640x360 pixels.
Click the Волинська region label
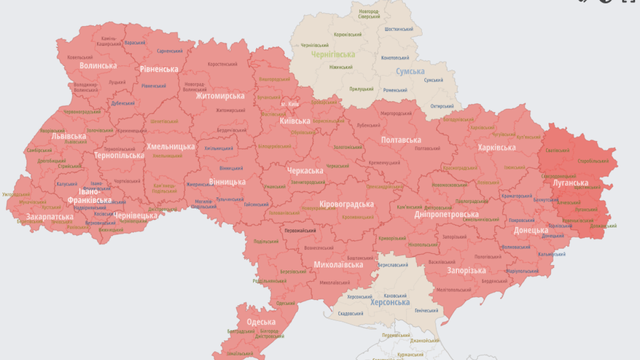pyautogui.click(x=98, y=65)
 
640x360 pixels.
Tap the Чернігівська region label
pyautogui.click(x=332, y=54)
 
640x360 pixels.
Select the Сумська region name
pyautogui.click(x=410, y=71)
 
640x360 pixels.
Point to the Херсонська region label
pyautogui.click(x=390, y=302)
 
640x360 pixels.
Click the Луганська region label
pyautogui.click(x=570, y=182)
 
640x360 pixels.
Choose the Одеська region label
pyautogui.click(x=261, y=322)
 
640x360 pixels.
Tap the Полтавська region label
pyautogui.click(x=401, y=140)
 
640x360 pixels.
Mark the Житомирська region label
pyautogui.click(x=220, y=96)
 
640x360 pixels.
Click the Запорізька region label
pyautogui.click(x=466, y=271)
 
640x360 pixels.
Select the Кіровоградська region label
pyautogui.click(x=346, y=204)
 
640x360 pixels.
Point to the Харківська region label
pyautogui.click(x=496, y=147)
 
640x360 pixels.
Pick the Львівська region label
pyautogui.click(x=68, y=136)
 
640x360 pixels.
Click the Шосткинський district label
pyautogui.click(x=399, y=29)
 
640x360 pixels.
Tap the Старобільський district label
pyautogui.click(x=593, y=161)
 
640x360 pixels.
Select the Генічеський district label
pyautogui.click(x=426, y=310)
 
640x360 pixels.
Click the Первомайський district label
pyautogui.click(x=300, y=231)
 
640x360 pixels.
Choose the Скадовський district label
pyautogui.click(x=350, y=313)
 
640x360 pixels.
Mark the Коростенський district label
pyautogui.click(x=222, y=64)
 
